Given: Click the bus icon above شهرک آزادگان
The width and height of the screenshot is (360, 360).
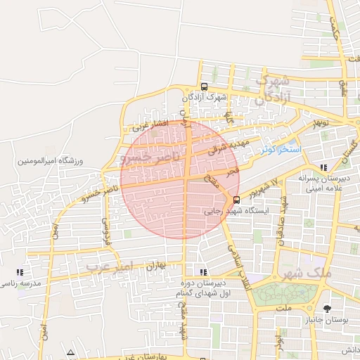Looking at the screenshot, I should tap(204, 86).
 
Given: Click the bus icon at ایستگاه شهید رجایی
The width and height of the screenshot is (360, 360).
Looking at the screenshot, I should tap(236, 199).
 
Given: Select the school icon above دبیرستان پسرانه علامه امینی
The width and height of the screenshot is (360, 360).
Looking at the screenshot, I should tap(323, 167).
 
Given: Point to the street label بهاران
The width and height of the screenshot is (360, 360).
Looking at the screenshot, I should tap(155, 266).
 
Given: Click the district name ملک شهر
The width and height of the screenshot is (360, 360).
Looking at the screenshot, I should tap(300, 272).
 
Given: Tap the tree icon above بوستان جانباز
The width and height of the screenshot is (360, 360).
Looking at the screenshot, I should tap(327, 308).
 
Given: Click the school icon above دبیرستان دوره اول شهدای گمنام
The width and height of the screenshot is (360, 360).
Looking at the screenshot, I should tap(204, 272).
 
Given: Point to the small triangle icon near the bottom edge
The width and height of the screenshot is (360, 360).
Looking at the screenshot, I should tap(70, 352).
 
